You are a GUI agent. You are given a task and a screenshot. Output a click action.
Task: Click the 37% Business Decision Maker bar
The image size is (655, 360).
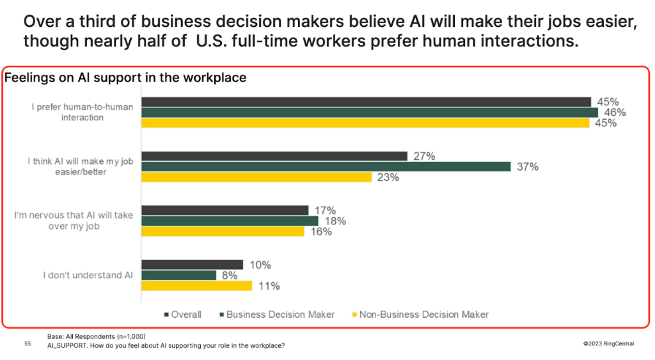point(326,167)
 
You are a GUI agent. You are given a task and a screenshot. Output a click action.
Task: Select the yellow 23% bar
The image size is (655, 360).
point(256,177)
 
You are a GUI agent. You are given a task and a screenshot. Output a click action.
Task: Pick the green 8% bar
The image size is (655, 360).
point(178,275)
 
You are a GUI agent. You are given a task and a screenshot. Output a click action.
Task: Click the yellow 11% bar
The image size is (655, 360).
point(196,286)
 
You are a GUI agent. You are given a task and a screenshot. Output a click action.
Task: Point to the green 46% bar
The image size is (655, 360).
point(369,113)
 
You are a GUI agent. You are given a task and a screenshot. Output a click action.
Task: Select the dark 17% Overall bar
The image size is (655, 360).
point(225,210)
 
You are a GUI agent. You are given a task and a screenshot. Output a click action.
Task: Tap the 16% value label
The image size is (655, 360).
point(321,231)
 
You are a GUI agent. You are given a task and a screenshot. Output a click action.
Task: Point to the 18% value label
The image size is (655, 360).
point(335,221)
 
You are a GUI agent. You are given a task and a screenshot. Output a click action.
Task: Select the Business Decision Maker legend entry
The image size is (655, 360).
point(278,314)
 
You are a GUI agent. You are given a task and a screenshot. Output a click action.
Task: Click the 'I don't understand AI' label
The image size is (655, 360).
point(88,275)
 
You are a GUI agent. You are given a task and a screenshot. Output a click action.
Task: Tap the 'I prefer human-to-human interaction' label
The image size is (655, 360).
point(83,112)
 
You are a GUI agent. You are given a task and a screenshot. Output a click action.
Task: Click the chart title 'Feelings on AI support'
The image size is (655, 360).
point(125,78)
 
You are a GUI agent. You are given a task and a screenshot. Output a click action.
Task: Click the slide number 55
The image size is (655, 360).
point(28,344)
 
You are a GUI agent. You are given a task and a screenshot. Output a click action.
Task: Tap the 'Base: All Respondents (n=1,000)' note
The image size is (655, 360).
point(96,336)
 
